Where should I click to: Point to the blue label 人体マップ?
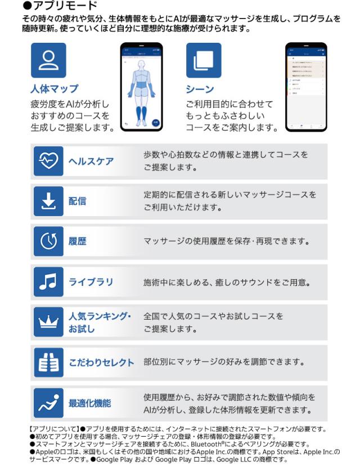tap(54, 89)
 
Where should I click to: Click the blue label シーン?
tap(200, 89)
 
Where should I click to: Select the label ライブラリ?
tap(91, 281)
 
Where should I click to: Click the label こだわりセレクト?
tap(101, 362)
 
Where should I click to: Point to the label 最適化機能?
tap(89, 403)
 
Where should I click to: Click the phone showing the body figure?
tap(142, 86)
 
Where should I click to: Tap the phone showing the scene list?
tap(306, 86)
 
